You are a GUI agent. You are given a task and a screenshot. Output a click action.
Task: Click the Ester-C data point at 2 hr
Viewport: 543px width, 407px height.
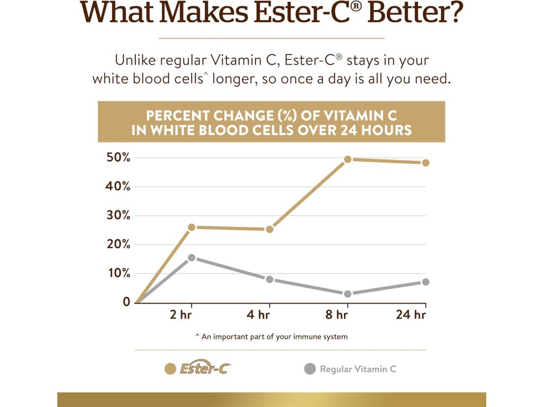click(191, 227)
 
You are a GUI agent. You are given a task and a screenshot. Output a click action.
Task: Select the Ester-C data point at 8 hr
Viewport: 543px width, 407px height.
click(348, 159)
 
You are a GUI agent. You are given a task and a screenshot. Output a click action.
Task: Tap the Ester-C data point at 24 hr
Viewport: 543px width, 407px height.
click(425, 163)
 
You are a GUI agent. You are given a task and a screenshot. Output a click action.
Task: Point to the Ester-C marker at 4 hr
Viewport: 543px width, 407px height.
click(269, 229)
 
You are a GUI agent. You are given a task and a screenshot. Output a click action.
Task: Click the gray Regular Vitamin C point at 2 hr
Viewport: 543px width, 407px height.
click(191, 258)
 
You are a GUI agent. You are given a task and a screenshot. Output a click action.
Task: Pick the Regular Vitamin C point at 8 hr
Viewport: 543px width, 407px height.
click(348, 294)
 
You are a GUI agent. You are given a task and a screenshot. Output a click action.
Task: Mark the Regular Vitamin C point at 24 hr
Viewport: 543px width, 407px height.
click(425, 282)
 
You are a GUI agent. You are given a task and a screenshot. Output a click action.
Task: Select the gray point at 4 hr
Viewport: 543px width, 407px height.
click(269, 279)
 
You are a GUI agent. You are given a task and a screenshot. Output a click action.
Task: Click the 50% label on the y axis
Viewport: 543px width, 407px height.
click(118, 157)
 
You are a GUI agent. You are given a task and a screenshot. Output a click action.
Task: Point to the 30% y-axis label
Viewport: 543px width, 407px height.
click(118, 215)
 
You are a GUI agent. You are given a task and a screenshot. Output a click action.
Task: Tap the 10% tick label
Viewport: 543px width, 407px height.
click(118, 273)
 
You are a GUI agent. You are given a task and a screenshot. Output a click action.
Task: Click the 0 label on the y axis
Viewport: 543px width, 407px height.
click(126, 302)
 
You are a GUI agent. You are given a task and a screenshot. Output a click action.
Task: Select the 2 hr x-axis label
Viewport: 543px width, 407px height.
click(181, 315)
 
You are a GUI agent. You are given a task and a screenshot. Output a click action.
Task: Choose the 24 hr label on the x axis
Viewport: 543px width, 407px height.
click(411, 315)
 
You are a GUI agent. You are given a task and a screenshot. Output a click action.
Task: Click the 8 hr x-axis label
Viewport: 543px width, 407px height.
click(336, 315)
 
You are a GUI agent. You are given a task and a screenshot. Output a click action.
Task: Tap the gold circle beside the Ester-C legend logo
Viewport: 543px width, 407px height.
click(171, 369)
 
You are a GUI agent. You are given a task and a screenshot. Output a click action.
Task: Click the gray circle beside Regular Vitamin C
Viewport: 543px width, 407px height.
click(310, 369)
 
